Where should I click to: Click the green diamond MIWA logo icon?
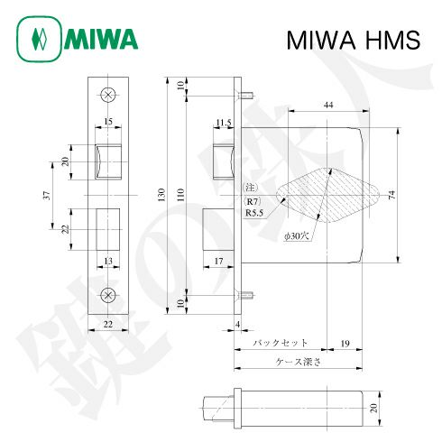click(x=38, y=40)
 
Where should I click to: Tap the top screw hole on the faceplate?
click(x=109, y=94)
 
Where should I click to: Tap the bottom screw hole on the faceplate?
click(x=109, y=295)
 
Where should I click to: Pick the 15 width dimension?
click(x=108, y=120)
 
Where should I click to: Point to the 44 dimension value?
click(x=328, y=106)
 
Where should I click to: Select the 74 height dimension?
click(x=391, y=195)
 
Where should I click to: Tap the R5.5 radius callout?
click(x=253, y=214)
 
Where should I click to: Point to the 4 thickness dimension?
click(x=237, y=323)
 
